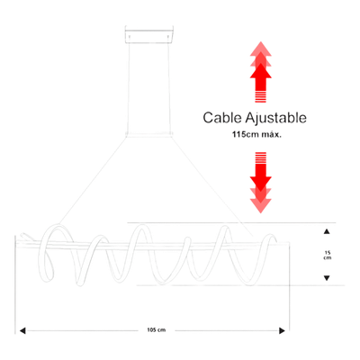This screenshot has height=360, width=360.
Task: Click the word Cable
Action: click(x=222, y=118)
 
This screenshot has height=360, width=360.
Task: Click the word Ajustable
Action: click(x=276, y=118)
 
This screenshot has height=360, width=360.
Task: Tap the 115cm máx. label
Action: click(x=256, y=135)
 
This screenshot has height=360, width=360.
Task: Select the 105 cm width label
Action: click(x=157, y=330)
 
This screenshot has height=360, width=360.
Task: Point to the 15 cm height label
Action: click(x=327, y=256)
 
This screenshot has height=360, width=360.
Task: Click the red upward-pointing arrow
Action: click(x=261, y=72)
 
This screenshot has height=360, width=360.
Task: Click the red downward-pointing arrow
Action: click(x=261, y=183)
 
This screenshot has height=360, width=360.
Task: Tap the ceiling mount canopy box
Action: click(x=149, y=35)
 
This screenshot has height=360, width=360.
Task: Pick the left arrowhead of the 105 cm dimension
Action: click(x=22, y=330)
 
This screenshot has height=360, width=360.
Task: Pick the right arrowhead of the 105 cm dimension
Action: click(x=282, y=330)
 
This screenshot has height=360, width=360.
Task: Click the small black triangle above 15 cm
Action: click(x=327, y=231)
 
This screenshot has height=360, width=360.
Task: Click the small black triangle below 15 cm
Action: click(x=327, y=278)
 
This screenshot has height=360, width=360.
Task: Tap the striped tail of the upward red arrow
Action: click(x=261, y=96)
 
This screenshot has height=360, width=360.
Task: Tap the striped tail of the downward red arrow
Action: click(x=261, y=158)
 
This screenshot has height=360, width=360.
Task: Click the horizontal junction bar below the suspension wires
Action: click(x=149, y=134)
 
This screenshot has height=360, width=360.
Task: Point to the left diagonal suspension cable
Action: click(x=93, y=181)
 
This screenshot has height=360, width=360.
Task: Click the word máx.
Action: click(x=271, y=135)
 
